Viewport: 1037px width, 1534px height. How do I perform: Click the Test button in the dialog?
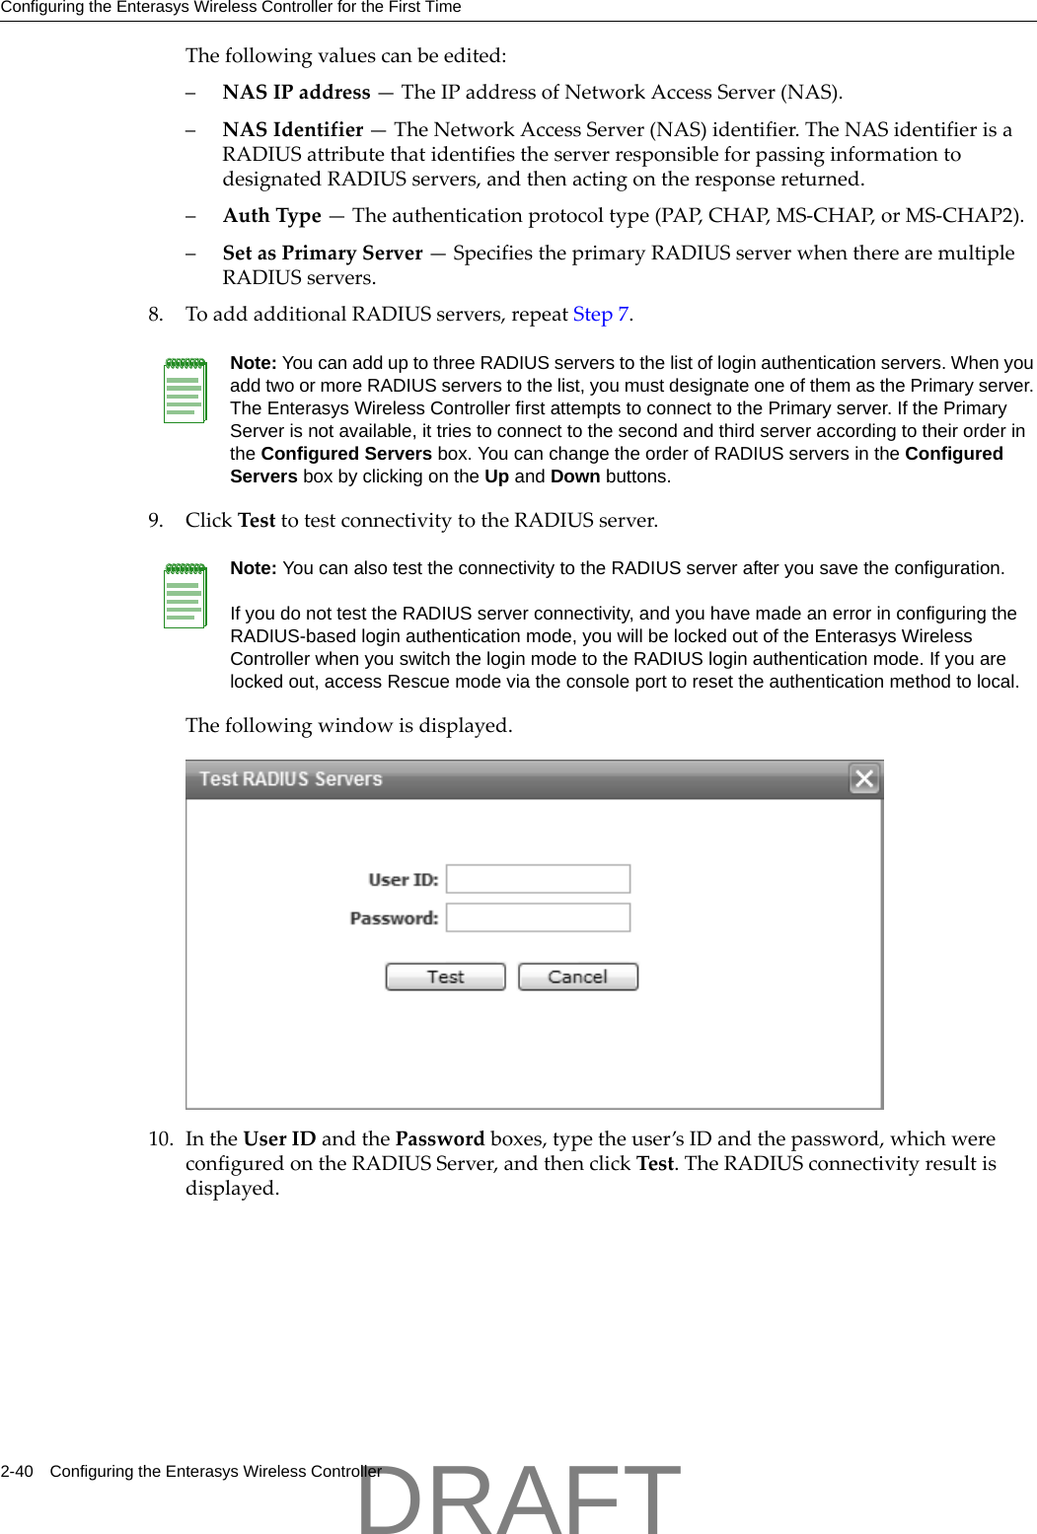[445, 977]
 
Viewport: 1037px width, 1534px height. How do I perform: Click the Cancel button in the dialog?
[578, 977]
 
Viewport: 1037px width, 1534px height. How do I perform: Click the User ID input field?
[538, 879]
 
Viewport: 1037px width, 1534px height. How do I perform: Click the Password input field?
[538, 917]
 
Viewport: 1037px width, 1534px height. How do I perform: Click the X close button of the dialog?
[864, 778]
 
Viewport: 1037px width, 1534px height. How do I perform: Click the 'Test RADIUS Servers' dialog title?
[290, 779]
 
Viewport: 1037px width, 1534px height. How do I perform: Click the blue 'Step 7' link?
[600, 315]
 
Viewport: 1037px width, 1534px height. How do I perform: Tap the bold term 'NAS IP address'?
[296, 93]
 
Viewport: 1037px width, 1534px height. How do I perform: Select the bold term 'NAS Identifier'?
[293, 130]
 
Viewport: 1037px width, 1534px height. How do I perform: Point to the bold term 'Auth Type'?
[272, 216]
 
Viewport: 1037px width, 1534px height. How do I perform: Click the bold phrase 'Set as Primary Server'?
[323, 254]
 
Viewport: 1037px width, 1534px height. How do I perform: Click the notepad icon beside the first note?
[185, 391]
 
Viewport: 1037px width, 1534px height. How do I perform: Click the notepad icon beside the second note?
[185, 596]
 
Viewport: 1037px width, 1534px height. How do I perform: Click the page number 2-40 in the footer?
[17, 1471]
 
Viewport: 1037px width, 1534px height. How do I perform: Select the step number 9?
[155, 521]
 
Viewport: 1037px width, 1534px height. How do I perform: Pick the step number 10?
[160, 1139]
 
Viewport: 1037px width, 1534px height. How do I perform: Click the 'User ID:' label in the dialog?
[403, 880]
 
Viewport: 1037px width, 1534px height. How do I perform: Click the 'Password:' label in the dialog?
[394, 918]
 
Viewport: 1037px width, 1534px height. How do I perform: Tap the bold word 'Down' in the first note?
[575, 476]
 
